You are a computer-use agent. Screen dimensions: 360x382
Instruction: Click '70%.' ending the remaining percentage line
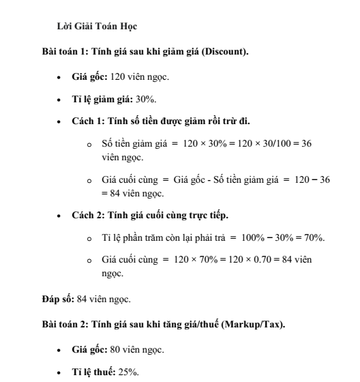tap(314, 238)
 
